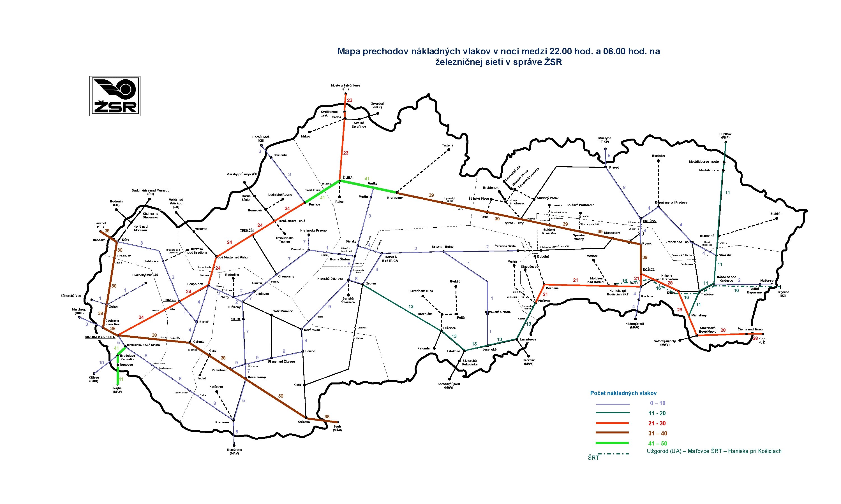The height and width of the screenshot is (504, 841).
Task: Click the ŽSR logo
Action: coord(115,96)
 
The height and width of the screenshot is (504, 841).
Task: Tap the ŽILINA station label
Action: coord(347,178)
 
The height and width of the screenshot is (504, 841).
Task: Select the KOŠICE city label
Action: coord(649,269)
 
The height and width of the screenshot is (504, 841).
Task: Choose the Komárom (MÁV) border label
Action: coord(234,451)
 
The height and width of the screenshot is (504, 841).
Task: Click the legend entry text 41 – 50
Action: coord(657,443)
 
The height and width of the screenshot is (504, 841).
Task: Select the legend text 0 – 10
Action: coord(657,403)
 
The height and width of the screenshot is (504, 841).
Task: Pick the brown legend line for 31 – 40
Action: coord(612,433)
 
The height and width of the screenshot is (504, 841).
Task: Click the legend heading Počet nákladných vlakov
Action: coord(623,393)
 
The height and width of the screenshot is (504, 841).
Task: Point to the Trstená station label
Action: coord(447,145)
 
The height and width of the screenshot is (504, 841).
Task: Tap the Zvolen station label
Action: coord(371,283)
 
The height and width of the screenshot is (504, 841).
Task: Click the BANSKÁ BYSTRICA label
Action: coord(390,259)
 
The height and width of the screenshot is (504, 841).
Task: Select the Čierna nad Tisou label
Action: coord(750,329)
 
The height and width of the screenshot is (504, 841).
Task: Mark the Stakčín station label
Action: coord(776,214)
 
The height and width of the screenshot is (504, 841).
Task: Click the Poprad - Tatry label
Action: coord(513,223)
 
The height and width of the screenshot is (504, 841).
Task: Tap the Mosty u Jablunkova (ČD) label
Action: coord(345,87)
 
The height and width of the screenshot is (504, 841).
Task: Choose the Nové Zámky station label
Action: coord(257,377)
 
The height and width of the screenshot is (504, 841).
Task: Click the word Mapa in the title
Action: coord(349,51)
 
